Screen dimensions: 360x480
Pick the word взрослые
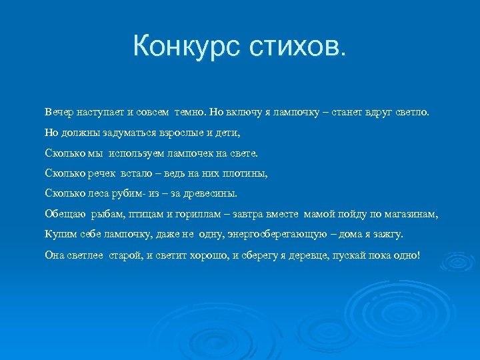(x=175, y=132)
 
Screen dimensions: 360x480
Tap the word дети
(x=225, y=132)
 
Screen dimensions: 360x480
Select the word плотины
(x=243, y=173)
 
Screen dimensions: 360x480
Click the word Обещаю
(x=63, y=215)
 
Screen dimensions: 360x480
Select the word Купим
(x=59, y=235)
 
